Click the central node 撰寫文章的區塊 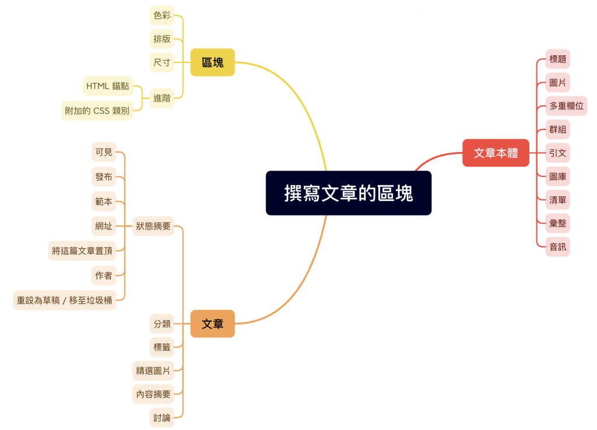(349, 193)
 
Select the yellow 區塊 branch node (212, 62)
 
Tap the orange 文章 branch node (212, 324)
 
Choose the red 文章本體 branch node (496, 153)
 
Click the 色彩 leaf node (162, 15)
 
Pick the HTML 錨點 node (108, 86)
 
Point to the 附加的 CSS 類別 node (97, 111)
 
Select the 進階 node (162, 98)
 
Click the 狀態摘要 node (153, 226)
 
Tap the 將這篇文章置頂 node (82, 251)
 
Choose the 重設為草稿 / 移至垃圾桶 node (64, 300)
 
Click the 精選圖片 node (153, 371)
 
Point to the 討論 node (162, 418)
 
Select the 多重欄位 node (566, 106)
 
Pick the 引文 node (558, 153)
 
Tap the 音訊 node (558, 247)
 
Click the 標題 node (558, 59)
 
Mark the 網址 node (104, 226)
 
